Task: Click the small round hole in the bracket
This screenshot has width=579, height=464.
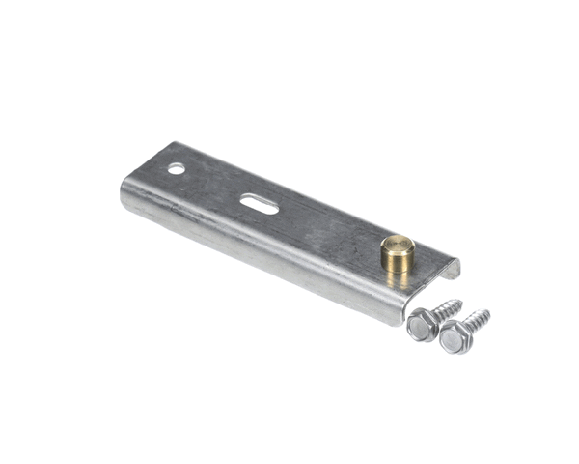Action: (176, 169)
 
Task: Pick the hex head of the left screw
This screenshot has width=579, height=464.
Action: (422, 326)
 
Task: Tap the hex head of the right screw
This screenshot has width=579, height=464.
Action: (454, 337)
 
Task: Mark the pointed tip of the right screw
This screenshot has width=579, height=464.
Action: (489, 311)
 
